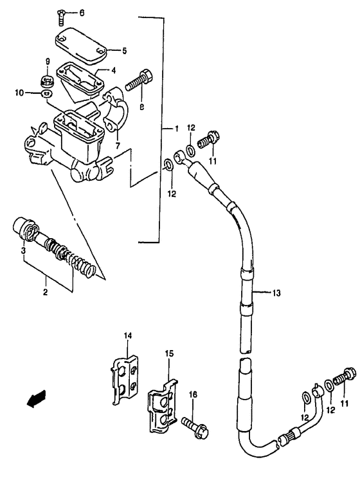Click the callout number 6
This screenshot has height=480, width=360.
[81, 13]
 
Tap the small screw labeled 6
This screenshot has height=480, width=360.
[61, 12]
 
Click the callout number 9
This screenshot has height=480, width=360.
[48, 62]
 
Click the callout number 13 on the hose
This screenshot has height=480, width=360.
[276, 293]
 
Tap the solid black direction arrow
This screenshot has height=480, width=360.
[35, 399]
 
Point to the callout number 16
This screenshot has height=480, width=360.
[192, 394]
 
